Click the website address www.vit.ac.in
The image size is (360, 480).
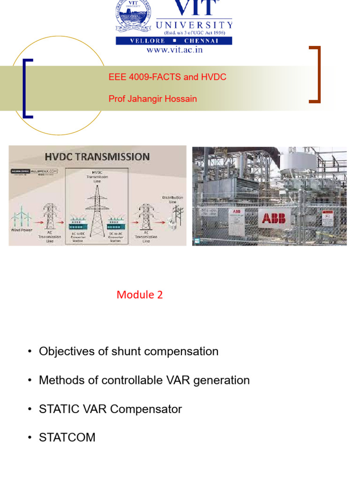click(174, 50)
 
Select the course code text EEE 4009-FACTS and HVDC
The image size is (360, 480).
click(167, 77)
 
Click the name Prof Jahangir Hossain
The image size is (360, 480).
click(152, 99)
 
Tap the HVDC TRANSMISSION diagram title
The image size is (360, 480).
click(97, 157)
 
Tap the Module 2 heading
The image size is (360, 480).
click(140, 295)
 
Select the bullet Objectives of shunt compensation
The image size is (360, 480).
click(128, 352)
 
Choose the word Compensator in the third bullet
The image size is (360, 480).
click(146, 409)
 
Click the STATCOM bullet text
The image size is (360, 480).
click(67, 438)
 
